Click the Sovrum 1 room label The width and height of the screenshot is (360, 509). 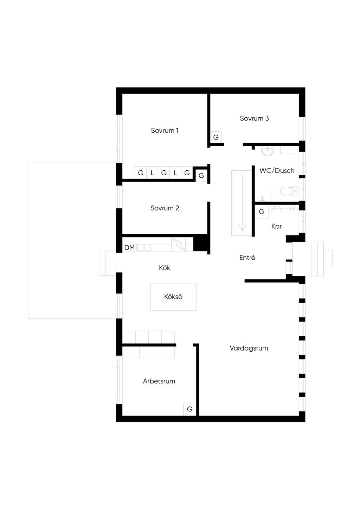(x=165, y=130)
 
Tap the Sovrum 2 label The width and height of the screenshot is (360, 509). (x=165, y=208)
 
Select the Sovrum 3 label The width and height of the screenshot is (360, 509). (x=254, y=118)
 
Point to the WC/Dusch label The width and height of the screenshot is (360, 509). (x=277, y=171)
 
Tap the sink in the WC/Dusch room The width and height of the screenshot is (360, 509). (x=268, y=151)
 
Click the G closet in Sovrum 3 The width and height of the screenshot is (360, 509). (x=216, y=137)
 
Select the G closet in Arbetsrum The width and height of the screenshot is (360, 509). (x=189, y=409)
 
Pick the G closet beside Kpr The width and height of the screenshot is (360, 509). (x=261, y=211)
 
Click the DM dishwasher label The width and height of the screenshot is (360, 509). (x=129, y=248)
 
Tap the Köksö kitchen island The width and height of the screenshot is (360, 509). (x=173, y=297)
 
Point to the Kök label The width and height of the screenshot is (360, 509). (x=164, y=268)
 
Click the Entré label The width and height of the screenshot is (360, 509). (x=247, y=257)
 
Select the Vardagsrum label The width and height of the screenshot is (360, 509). (x=249, y=348)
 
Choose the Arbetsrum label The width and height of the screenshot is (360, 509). (x=159, y=381)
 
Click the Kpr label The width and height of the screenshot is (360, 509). (x=276, y=226)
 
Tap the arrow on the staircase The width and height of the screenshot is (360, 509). (x=242, y=225)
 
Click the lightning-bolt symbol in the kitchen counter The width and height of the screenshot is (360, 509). (x=179, y=244)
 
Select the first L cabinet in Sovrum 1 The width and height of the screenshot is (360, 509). (x=152, y=173)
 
